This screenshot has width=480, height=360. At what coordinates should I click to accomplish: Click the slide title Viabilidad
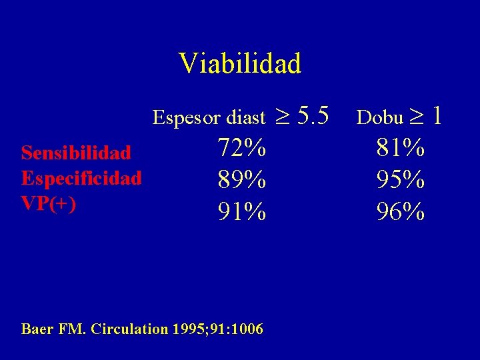(240, 63)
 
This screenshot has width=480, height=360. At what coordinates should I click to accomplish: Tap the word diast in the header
(246, 119)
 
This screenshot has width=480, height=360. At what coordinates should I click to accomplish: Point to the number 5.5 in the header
(313, 117)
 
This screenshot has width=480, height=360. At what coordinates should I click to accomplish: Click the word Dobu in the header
(380, 118)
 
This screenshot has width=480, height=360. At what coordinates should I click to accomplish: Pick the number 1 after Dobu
(437, 117)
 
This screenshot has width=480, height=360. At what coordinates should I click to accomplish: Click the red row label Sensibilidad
(76, 153)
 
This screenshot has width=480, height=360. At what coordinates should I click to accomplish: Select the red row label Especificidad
(81, 178)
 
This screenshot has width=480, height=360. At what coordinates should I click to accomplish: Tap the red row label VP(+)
(49, 203)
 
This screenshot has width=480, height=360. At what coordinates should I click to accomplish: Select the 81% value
(401, 148)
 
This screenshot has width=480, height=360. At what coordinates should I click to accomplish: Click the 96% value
(401, 212)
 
